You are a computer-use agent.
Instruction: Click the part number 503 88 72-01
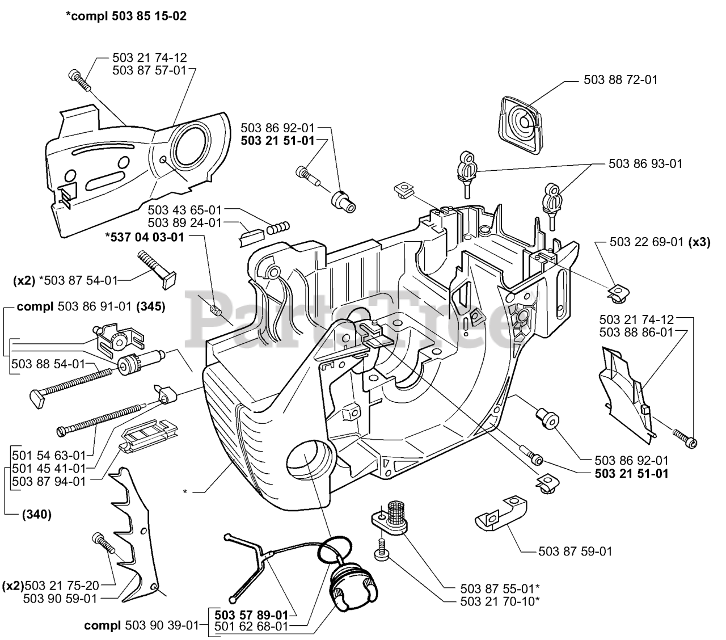[x=621, y=80]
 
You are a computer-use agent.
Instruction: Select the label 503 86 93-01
[x=645, y=163]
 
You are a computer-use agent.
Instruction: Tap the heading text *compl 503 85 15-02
[x=126, y=16]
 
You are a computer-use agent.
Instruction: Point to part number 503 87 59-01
[x=575, y=551]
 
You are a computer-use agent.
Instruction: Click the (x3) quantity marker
[x=699, y=242]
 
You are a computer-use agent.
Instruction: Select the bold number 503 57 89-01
[x=251, y=614]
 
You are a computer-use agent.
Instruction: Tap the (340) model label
[x=37, y=515]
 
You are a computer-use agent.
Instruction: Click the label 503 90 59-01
[x=60, y=598]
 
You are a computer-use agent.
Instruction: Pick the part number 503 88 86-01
[x=636, y=332]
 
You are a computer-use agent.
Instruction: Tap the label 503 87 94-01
[x=49, y=481]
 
